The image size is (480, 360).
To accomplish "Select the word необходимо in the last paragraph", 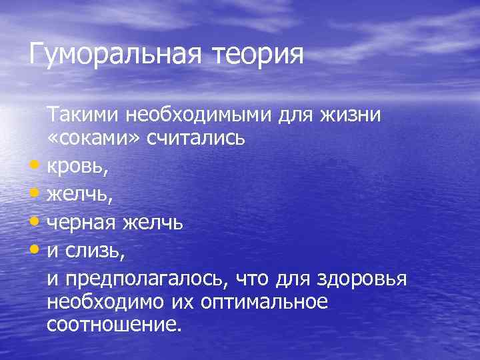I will pos(105,301).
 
